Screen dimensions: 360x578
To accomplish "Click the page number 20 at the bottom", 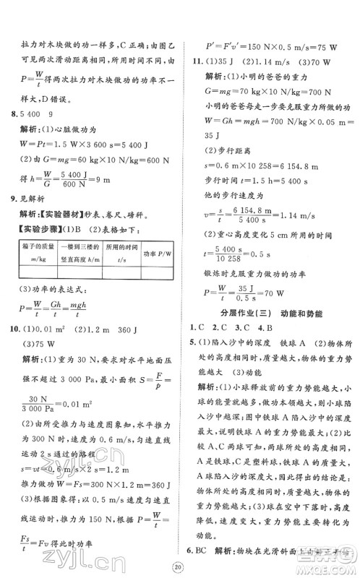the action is tap(180, 564).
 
